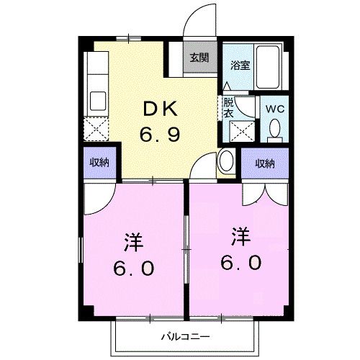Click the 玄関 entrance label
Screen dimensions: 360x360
tap(199, 58)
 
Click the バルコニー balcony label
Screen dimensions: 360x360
tap(184, 336)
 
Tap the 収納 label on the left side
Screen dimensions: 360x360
tap(99, 163)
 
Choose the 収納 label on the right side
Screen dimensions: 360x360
tap(265, 163)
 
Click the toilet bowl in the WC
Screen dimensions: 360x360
tap(274, 129)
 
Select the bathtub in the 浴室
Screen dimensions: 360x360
tap(271, 68)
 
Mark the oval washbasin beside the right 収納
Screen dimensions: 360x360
tap(226, 161)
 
